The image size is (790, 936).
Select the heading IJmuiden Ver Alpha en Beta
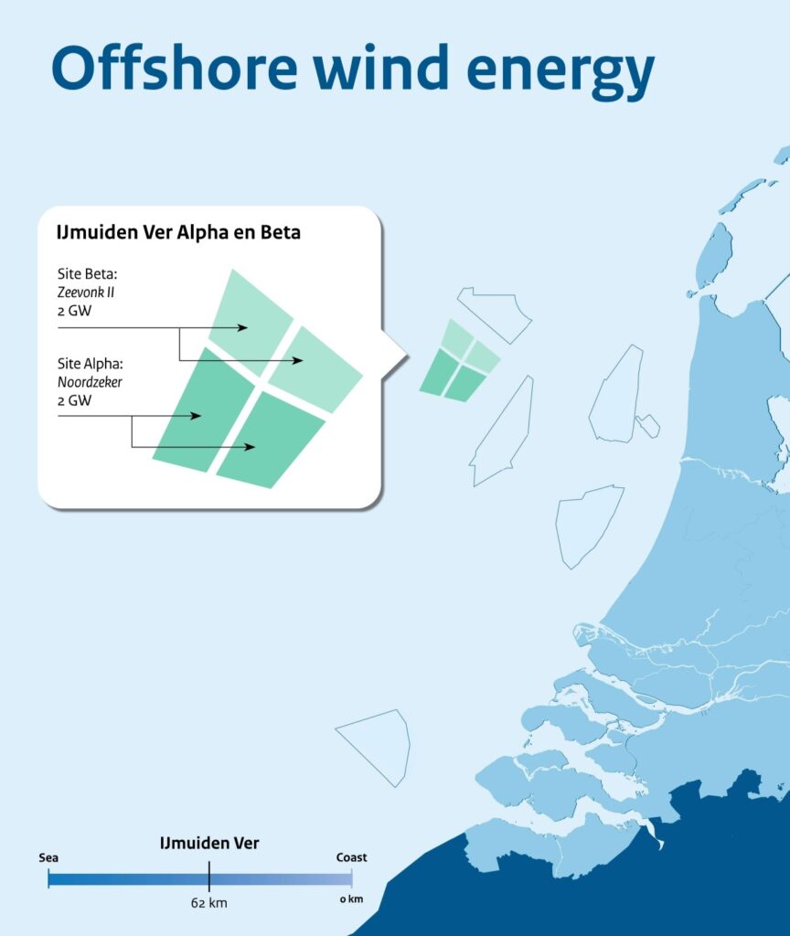(178, 232)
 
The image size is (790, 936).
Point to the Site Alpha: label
(91, 363)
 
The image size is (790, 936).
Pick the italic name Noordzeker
(90, 382)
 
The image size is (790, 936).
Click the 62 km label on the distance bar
(208, 903)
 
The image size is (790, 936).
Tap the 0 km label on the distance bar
(351, 899)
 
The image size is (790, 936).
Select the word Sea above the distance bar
(48, 857)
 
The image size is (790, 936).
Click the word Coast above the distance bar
(351, 857)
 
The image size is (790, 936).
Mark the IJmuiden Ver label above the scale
(208, 844)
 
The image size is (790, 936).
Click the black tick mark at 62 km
(208, 878)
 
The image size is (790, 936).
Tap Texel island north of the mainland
(715, 256)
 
